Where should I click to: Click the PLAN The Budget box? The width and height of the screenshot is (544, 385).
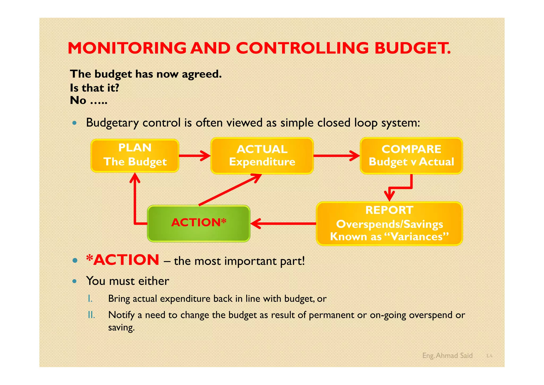click(x=135, y=156)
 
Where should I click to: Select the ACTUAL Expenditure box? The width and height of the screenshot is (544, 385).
click(x=262, y=156)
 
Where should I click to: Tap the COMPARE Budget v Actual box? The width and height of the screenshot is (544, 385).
click(x=411, y=156)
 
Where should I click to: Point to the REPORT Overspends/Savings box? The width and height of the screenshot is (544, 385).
click(x=389, y=224)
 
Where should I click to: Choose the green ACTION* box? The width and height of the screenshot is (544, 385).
click(x=199, y=223)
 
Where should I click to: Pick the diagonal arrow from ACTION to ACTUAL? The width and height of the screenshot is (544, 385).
click(x=230, y=190)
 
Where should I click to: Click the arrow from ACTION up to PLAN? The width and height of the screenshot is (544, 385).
click(x=135, y=202)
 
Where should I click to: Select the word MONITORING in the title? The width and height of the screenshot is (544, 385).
click(x=127, y=48)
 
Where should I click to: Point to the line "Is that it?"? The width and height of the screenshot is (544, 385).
click(x=95, y=88)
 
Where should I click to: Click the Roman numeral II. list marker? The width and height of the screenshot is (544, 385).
click(x=91, y=315)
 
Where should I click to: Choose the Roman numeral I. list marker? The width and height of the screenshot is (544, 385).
click(x=90, y=299)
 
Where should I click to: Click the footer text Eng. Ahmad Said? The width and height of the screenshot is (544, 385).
click(x=447, y=355)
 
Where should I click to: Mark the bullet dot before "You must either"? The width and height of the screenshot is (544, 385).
click(x=75, y=281)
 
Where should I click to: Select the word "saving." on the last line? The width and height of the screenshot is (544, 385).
click(x=121, y=327)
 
